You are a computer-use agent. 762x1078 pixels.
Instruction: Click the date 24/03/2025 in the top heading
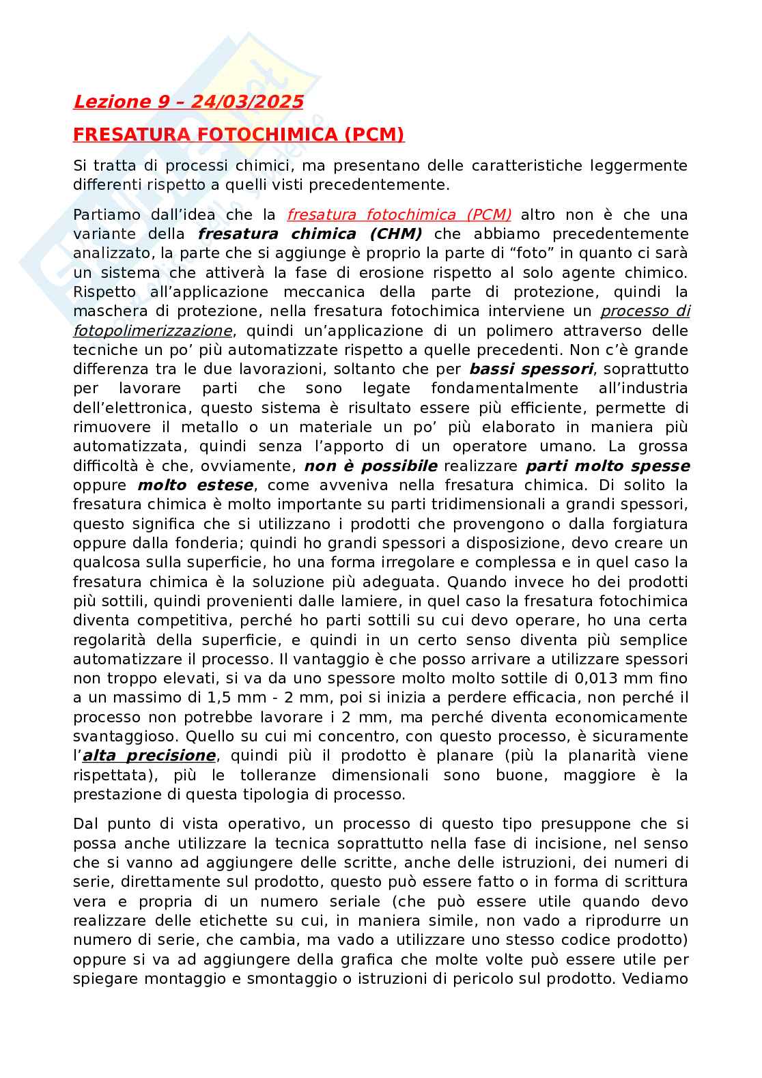pos(247,102)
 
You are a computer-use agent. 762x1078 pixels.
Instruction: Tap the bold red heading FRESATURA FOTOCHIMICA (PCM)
pos(238,134)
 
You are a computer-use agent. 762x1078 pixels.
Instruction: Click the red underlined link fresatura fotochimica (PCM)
pos(399,214)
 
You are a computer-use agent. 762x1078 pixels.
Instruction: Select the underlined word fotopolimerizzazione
pos(153,330)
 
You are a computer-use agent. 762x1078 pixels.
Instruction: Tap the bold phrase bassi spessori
pos(531,369)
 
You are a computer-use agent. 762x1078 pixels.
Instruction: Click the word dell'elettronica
pos(128,408)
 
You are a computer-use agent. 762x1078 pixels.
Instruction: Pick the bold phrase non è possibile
pos(370,466)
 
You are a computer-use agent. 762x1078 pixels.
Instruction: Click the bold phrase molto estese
pos(195,485)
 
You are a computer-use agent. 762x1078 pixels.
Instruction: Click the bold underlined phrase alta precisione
pos(149,756)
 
